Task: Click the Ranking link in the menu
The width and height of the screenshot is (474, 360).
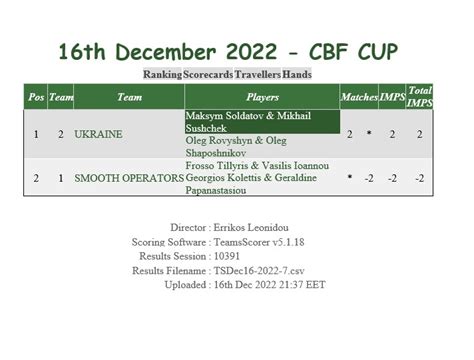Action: [x=163, y=75]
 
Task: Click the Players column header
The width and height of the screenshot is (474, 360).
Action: [x=262, y=98]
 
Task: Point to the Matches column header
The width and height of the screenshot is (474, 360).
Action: [x=359, y=98]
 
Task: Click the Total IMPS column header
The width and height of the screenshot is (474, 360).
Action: [x=420, y=97]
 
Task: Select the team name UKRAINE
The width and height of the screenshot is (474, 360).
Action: [x=98, y=133]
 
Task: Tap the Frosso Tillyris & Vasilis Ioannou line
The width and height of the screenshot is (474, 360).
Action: [x=258, y=165]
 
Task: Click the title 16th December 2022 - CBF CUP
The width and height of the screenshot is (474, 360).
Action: [x=237, y=50]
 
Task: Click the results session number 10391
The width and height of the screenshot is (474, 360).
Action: [x=233, y=256]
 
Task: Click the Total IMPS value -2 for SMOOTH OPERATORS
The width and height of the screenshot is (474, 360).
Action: [x=420, y=177]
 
